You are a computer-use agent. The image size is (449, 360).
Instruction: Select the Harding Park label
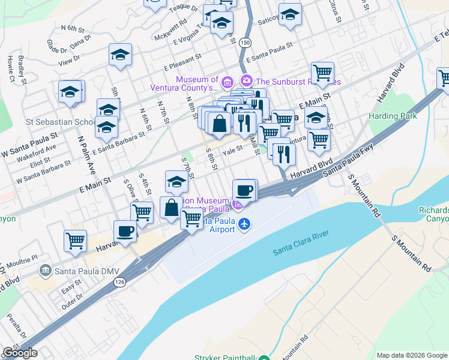pos(392,116)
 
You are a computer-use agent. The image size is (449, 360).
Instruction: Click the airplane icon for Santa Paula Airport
pos(244,224)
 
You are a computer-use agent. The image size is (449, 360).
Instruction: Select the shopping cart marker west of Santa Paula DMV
pos(75,240)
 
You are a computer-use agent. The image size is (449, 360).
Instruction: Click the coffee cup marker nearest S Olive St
pos(125,231)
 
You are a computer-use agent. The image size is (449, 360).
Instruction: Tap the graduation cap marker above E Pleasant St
pos(120,55)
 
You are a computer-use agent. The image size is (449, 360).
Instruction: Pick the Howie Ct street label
pos(10,70)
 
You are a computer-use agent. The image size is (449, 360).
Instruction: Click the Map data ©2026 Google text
pos(411,355)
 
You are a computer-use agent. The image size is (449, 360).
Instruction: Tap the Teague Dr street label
pos(179,7)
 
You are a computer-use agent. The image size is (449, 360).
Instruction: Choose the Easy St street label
pos(71,289)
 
